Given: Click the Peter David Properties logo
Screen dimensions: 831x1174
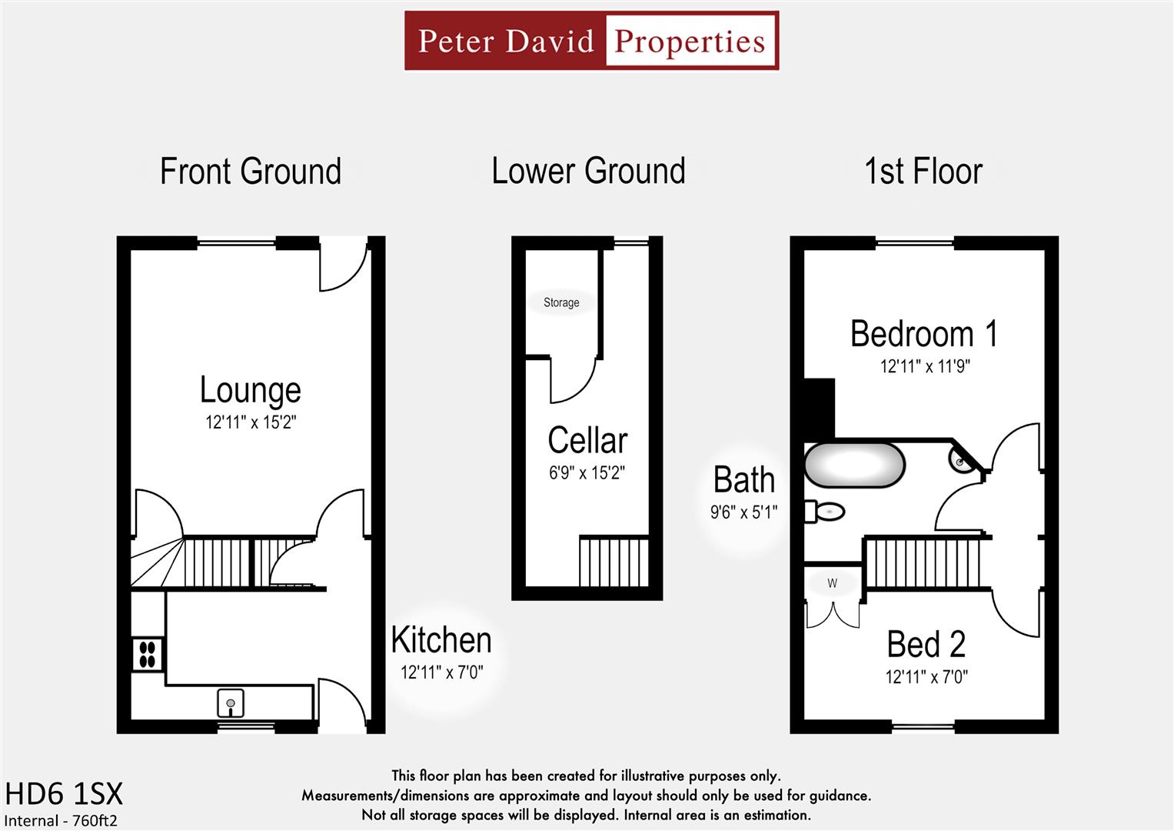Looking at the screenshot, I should point(591,41).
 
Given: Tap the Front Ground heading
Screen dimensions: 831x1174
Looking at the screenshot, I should point(250,171).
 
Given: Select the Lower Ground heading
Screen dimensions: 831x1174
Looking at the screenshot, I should point(588,171).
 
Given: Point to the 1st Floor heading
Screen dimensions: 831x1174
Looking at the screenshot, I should point(923,171).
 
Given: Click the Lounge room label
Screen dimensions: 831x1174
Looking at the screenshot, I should point(250,389).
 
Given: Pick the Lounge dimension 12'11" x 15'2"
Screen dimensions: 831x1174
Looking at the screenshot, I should point(250,422).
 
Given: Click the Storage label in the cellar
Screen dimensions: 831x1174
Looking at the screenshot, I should point(561,302).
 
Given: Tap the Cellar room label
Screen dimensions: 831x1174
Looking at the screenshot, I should point(587,441).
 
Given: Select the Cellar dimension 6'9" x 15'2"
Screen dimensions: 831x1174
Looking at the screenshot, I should point(587,473).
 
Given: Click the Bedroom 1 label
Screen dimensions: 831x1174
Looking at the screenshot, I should point(923,334).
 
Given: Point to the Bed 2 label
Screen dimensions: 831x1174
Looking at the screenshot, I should point(926,645).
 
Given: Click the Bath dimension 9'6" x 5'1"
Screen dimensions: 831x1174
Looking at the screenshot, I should point(743,512).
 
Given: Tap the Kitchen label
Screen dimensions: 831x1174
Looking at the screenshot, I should point(441,640).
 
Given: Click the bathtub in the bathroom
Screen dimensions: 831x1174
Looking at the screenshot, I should point(854,465).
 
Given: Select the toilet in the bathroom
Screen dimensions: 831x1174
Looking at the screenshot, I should point(825,511).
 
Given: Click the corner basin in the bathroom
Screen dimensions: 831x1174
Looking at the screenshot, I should point(961,460).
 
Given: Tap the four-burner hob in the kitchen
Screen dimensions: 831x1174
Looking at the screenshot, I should point(148,655).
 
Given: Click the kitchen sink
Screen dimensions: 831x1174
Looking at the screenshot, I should point(231,703).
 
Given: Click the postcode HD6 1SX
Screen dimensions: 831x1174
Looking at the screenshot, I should point(64,793).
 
